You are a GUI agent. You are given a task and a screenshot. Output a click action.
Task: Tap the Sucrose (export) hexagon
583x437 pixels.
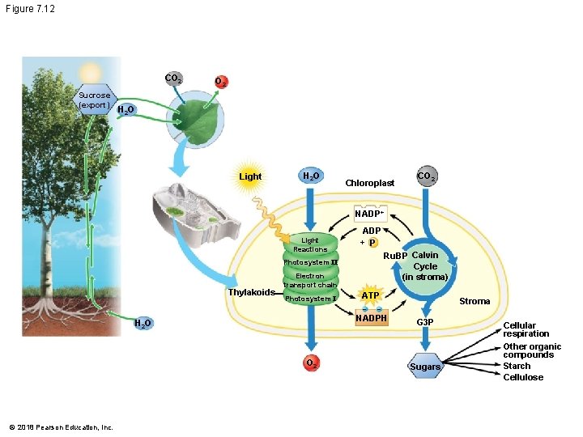[95, 100]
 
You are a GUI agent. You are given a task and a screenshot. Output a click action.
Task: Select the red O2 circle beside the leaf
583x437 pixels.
[220, 83]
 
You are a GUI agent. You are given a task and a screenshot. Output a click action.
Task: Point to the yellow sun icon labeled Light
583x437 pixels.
[250, 176]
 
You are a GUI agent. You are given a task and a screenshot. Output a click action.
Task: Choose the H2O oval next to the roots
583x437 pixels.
[142, 324]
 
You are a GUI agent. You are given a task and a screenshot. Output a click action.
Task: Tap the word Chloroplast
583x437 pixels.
[369, 183]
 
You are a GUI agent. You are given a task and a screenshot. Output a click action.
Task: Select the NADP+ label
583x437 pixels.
[368, 214]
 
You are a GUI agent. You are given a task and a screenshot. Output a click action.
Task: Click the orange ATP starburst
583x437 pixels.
[370, 295]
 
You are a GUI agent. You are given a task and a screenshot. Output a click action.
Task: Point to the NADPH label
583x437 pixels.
[372, 319]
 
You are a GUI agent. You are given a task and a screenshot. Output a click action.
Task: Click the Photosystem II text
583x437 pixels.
[310, 262]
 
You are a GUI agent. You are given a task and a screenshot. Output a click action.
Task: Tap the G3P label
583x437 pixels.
[425, 322]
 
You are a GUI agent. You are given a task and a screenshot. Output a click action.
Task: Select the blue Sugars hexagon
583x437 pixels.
[425, 367]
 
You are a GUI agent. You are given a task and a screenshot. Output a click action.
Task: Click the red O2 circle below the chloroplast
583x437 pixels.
[310, 363]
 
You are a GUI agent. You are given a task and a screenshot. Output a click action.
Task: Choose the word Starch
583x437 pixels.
[517, 366]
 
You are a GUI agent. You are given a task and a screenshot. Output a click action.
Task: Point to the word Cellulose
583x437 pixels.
[523, 377]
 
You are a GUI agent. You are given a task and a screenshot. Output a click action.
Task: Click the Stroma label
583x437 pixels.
[474, 301]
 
